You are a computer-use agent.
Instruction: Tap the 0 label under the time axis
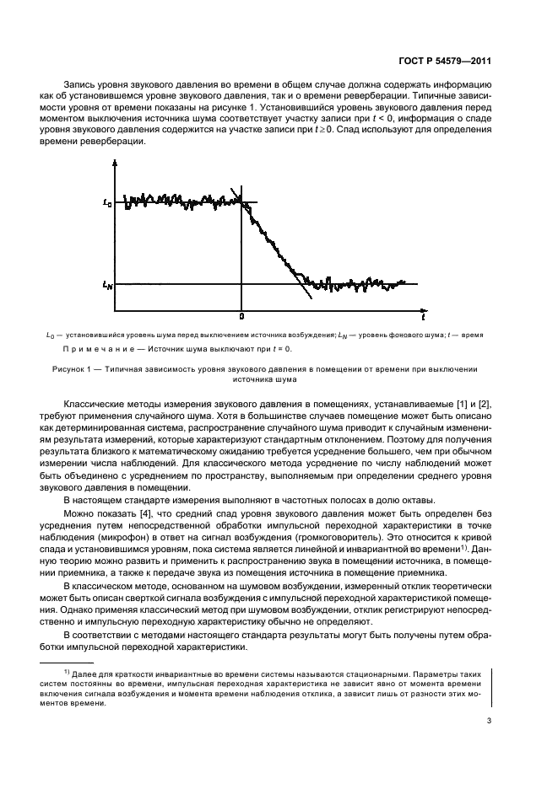tap(242, 316)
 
